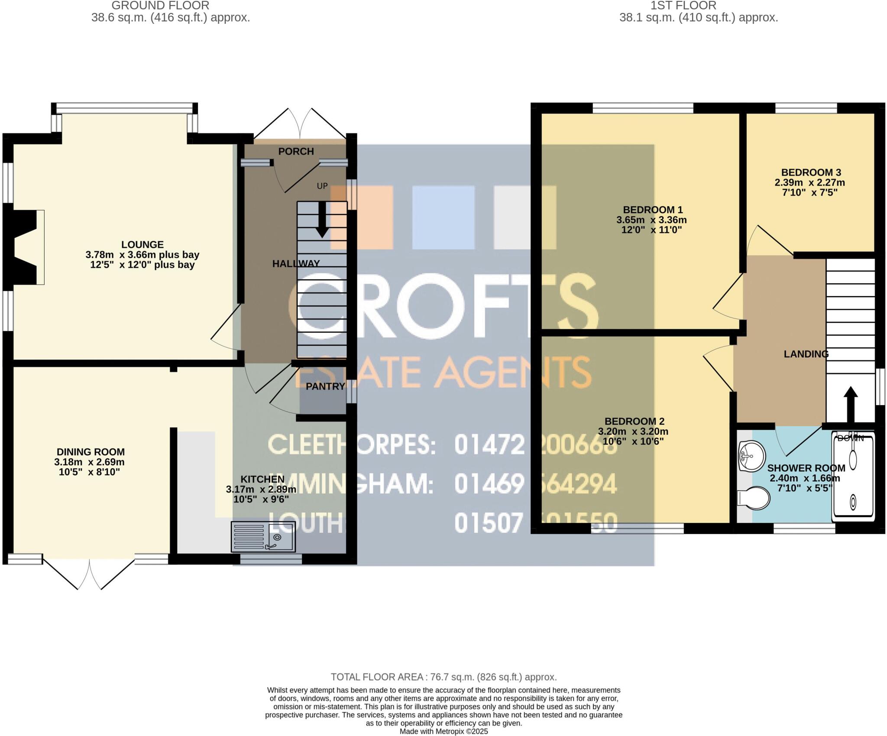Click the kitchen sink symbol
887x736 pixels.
[x=263, y=536]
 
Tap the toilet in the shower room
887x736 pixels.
[x=754, y=498]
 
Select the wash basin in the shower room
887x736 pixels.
[x=751, y=455]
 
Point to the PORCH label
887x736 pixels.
[x=296, y=151]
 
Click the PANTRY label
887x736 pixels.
[x=325, y=386]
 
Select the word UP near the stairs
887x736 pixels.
[x=322, y=186]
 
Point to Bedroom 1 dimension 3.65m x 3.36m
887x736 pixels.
[x=651, y=220]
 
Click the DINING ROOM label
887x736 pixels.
[x=91, y=452]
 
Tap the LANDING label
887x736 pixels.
[x=806, y=354]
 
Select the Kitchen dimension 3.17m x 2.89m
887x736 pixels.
[x=261, y=490]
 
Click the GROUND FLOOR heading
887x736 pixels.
[x=160, y=6]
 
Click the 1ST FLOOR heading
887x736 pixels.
[x=683, y=6]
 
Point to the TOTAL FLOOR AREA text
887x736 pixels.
[x=443, y=677]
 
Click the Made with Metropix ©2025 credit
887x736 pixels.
[x=443, y=731]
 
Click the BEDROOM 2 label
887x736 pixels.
[x=634, y=421]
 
